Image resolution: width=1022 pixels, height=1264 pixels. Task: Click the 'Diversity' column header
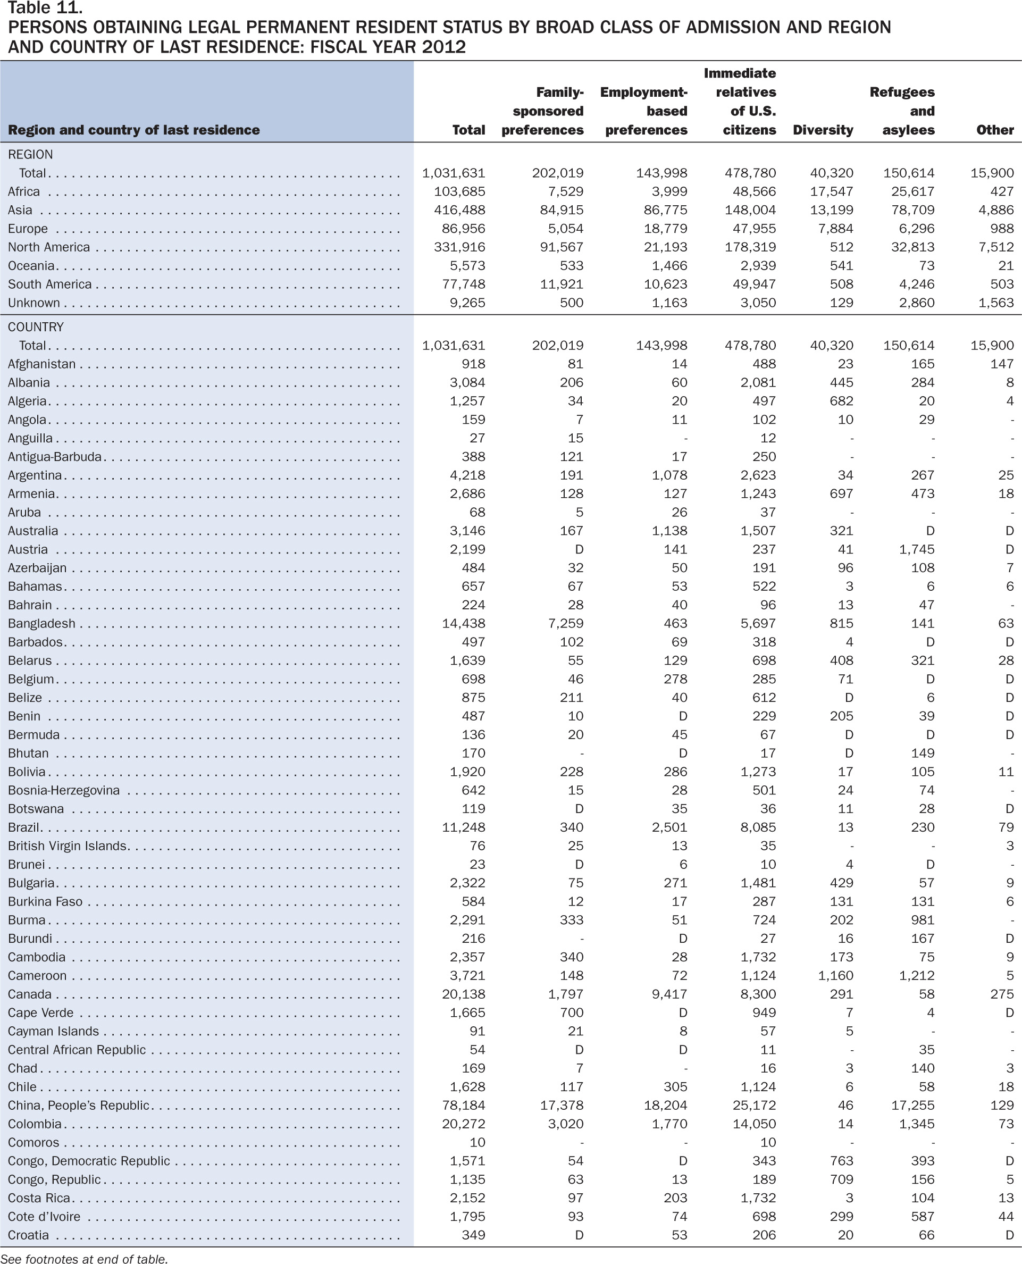pos(823,130)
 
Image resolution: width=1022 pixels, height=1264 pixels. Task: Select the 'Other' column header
pos(995,130)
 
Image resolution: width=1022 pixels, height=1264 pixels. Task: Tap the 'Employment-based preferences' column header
pos(643,111)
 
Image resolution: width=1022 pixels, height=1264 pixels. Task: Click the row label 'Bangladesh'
pos(42,623)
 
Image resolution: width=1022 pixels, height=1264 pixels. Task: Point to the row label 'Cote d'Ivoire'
pos(44,1217)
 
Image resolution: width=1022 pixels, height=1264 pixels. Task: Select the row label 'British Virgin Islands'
pos(68,846)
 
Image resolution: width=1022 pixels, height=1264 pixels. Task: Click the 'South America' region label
pos(50,284)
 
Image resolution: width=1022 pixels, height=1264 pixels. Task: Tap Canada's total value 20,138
pos(463,994)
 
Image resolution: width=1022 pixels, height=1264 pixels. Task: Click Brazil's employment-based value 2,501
pos(669,827)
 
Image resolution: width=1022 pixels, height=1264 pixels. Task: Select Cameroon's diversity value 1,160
pos(835,976)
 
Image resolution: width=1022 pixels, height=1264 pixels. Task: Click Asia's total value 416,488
pos(460,210)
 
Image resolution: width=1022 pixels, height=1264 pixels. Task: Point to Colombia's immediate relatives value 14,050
pos(754,1124)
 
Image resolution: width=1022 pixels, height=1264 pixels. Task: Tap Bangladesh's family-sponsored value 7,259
pos(566,623)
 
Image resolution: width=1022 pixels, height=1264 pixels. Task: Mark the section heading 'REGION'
pos(30,154)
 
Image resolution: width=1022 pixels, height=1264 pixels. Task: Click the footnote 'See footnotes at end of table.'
pos(84,1258)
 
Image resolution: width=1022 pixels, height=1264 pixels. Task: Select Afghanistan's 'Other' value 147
pos(1001,364)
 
